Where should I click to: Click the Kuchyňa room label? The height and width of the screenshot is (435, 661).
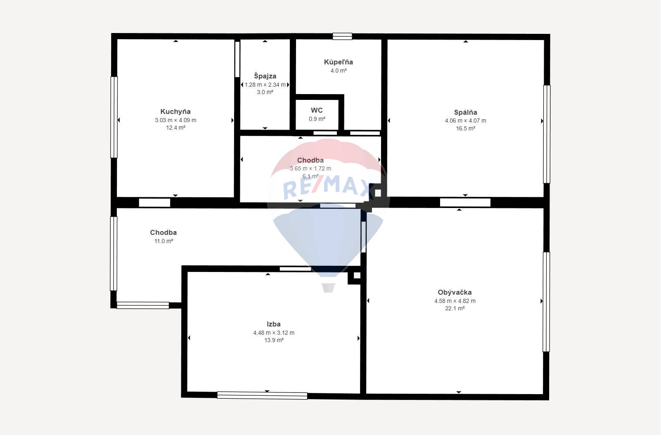(x=175, y=112)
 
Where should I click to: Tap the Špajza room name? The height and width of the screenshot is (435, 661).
(x=265, y=76)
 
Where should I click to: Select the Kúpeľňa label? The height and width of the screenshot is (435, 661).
(x=338, y=62)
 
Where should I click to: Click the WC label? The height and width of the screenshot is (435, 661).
(x=317, y=110)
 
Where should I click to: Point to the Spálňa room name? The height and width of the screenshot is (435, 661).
(x=465, y=112)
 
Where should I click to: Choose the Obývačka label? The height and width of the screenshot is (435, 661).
(x=455, y=292)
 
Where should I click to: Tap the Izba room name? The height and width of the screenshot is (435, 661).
(x=274, y=324)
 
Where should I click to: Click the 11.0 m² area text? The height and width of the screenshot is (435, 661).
(x=163, y=241)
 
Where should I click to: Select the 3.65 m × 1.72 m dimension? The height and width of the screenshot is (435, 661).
(x=310, y=168)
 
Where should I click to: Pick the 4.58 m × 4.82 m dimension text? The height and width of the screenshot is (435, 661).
(x=455, y=301)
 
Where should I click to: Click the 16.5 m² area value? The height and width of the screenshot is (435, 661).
(x=465, y=129)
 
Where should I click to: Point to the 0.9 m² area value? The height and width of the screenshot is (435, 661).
(x=317, y=119)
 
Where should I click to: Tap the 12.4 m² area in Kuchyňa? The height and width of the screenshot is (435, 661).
(x=175, y=128)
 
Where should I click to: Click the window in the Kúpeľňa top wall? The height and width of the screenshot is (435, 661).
(x=342, y=36)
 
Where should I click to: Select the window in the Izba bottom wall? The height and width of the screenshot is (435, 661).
(x=262, y=395)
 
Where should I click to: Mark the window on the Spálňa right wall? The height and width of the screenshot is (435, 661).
(x=547, y=134)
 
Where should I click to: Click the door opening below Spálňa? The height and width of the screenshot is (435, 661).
(x=465, y=203)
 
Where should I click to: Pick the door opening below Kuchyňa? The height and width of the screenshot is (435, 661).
(x=154, y=203)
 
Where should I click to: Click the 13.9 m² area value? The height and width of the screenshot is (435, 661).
(x=274, y=340)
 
